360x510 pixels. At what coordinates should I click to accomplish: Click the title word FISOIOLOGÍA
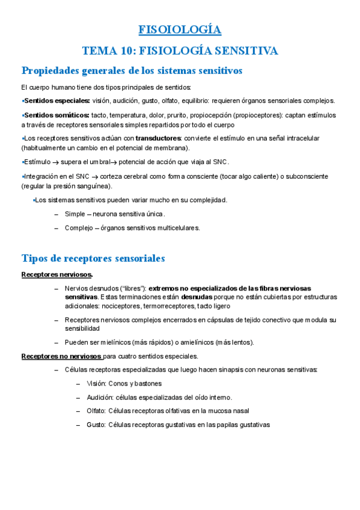point(180,30)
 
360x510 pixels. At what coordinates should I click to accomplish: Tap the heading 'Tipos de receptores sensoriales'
point(93,258)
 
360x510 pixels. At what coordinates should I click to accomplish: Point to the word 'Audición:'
point(100,398)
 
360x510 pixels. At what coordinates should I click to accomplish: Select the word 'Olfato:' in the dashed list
point(96,411)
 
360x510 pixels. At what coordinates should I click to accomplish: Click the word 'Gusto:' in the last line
point(96,425)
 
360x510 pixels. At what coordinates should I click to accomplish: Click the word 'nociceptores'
point(120,307)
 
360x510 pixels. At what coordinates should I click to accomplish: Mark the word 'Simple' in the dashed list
point(75,214)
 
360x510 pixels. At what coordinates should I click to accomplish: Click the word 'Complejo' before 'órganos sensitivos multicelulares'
point(78,228)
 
